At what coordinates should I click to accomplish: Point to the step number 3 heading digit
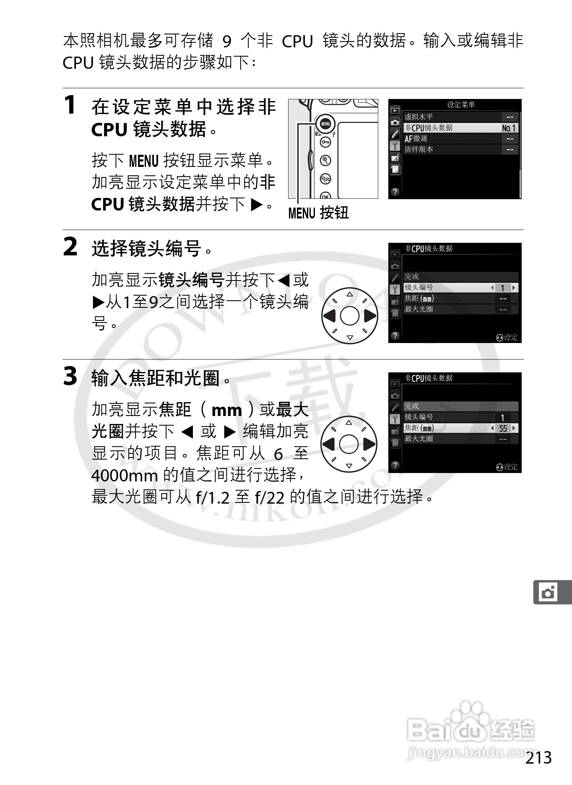[x=70, y=376]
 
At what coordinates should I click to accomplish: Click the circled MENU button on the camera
[x=325, y=124]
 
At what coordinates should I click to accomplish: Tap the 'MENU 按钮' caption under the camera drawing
[x=318, y=213]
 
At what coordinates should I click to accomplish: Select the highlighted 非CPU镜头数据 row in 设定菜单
[x=453, y=128]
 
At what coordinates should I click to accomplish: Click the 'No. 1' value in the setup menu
[x=509, y=128]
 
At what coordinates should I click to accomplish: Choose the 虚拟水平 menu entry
[x=419, y=117]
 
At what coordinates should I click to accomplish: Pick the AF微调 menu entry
[x=416, y=139]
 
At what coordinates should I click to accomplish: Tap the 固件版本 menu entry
[x=419, y=149]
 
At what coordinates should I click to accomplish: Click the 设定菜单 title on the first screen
[x=460, y=105]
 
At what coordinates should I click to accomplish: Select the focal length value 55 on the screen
[x=503, y=428]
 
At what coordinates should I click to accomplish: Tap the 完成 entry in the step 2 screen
[x=412, y=277]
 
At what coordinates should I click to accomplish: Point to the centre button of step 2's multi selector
[x=349, y=316]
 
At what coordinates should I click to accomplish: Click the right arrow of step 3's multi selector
[x=369, y=444]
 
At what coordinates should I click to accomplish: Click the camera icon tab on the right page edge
[x=549, y=593]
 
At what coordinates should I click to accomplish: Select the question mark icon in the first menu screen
[x=395, y=192]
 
